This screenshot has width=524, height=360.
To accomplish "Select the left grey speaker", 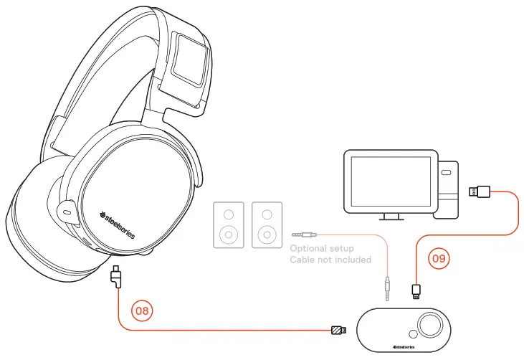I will (229, 224).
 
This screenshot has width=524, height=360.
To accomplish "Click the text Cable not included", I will (330, 260).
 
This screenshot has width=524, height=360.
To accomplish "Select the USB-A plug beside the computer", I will (479, 191).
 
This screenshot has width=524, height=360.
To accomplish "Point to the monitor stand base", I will (390, 217).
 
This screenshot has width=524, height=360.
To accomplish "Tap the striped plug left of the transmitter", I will (338, 331).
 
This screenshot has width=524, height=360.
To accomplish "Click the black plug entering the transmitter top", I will (415, 291).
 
